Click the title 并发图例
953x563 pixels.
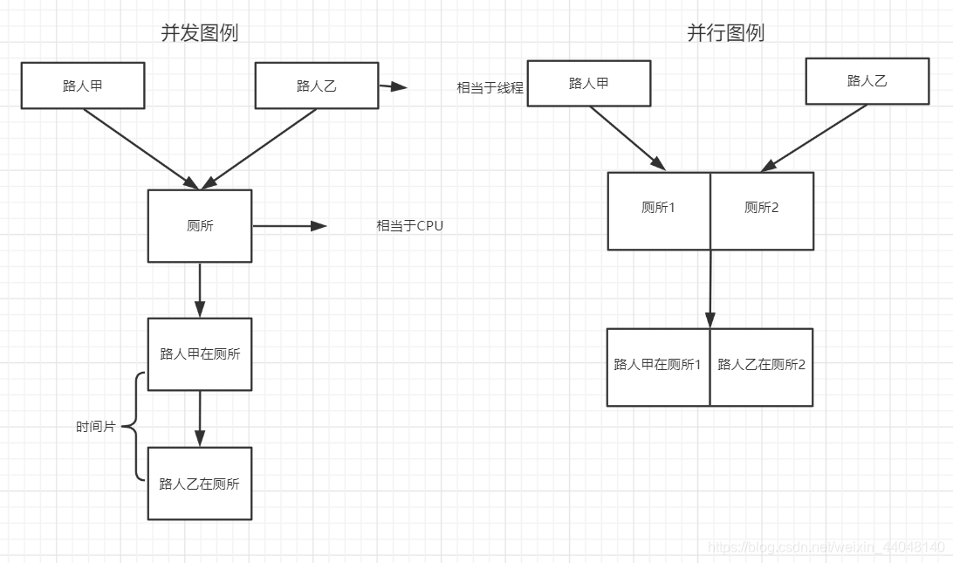coord(199,33)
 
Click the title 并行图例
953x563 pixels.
coord(725,33)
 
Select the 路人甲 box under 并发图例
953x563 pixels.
coord(83,86)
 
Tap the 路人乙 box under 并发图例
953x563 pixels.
coord(316,86)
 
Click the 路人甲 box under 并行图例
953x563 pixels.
coord(589,84)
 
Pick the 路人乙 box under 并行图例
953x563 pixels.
coord(867,81)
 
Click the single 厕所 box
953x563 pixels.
coord(200,226)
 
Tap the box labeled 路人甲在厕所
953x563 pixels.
coord(200,354)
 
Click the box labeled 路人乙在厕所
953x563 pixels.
coord(200,484)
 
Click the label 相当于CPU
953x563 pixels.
coord(409,226)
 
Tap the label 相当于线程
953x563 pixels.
coord(490,88)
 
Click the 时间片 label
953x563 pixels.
coord(95,427)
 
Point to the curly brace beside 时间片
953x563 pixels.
coord(134,427)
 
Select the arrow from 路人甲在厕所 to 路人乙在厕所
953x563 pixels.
coord(200,418)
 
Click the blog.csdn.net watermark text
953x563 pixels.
coord(826,547)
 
